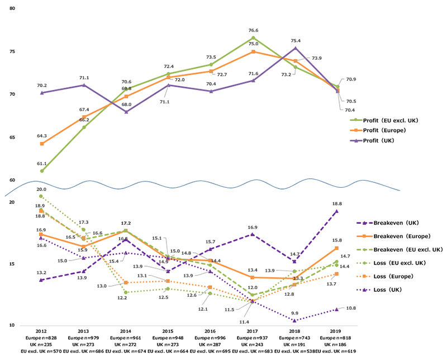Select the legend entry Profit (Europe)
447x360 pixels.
pos(386,130)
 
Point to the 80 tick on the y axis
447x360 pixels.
pos(12,10)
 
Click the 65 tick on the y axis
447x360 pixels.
pos(12,138)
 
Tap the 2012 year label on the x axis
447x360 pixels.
pos(41,332)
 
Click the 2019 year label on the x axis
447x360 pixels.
pos(336,332)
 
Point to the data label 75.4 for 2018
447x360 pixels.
pos(296,41)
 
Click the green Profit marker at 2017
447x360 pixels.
pos(253,38)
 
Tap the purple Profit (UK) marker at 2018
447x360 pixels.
pos(296,48)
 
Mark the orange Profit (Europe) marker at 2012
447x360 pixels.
pos(42,144)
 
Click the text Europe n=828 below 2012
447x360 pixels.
pos(41,339)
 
